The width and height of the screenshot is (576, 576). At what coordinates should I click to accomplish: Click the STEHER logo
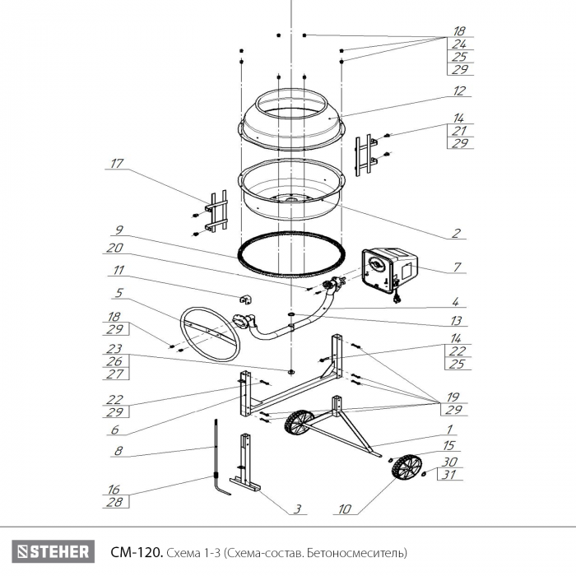click(53, 551)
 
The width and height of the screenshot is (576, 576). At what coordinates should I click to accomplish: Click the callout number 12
click(459, 91)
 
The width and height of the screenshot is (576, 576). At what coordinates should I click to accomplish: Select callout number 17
click(117, 163)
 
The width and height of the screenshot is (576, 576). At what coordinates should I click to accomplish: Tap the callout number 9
click(119, 230)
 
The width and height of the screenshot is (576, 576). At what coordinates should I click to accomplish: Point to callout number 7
click(457, 267)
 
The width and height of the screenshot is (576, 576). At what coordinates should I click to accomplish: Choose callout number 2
click(456, 233)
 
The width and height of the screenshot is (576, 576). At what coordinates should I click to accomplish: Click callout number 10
click(345, 509)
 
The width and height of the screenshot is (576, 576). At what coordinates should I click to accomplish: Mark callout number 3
click(298, 509)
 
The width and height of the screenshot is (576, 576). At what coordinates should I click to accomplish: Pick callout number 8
click(118, 451)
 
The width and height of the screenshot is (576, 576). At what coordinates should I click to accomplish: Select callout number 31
click(449, 475)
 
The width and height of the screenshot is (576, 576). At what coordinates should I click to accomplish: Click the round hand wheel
click(210, 335)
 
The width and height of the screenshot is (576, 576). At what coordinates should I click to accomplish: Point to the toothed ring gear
click(292, 254)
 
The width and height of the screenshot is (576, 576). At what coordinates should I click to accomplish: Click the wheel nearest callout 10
click(406, 467)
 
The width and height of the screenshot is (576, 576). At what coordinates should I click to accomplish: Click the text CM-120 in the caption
click(137, 552)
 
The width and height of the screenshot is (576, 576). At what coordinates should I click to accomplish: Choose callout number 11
click(118, 270)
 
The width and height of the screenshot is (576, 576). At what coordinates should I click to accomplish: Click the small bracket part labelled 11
click(246, 300)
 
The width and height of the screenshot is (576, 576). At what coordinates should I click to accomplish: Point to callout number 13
click(456, 321)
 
